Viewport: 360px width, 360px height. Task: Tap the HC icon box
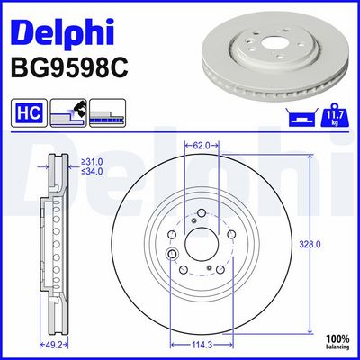[26, 114]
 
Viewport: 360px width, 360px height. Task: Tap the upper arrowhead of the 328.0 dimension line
[311, 149]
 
